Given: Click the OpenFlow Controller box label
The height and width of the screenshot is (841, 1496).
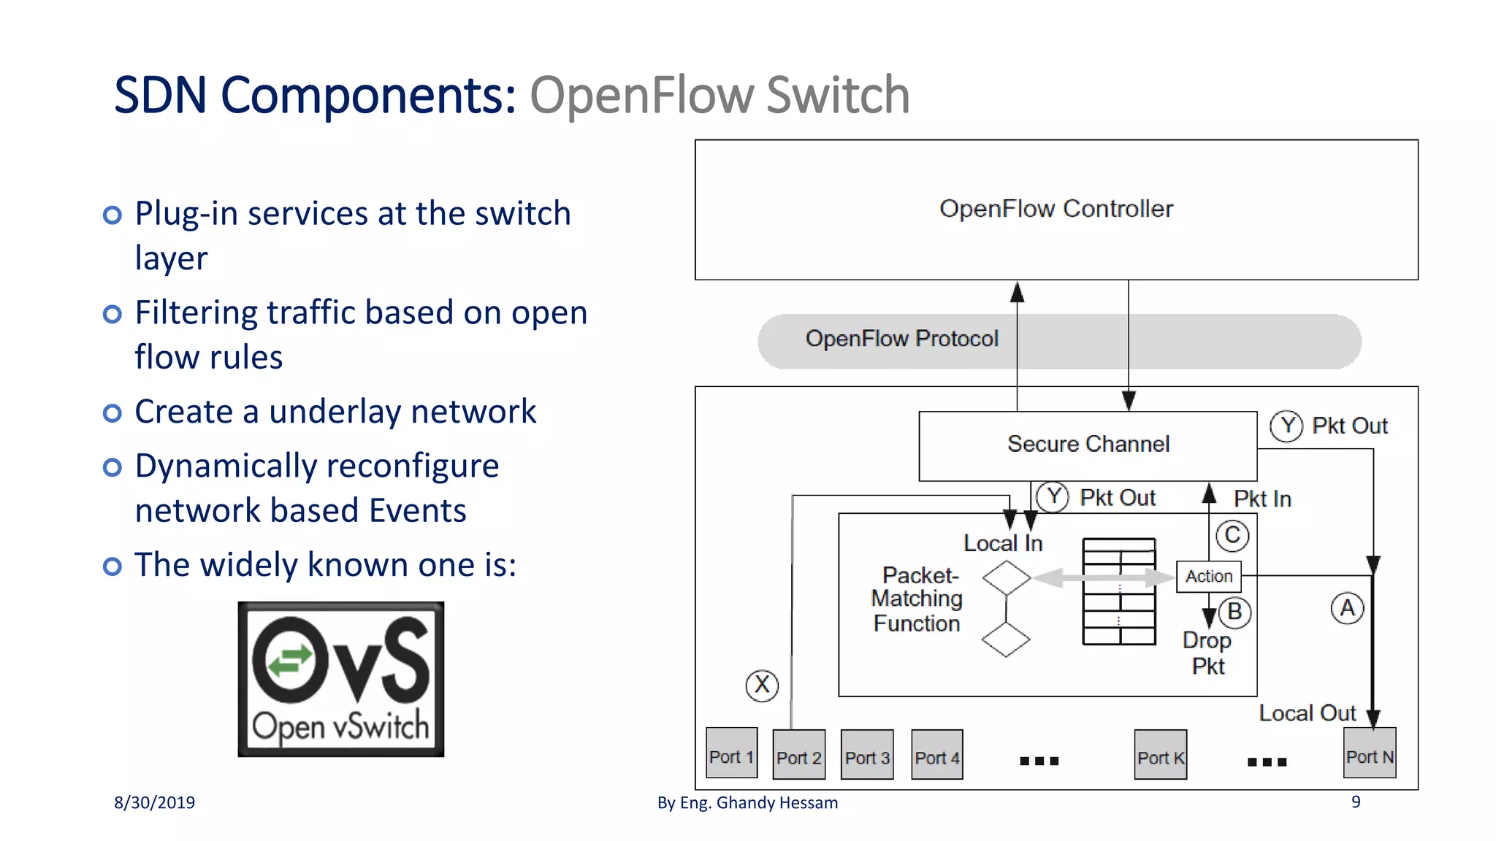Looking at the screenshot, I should (x=1056, y=209).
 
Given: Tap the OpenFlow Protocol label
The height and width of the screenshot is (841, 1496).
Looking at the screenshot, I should (x=901, y=339).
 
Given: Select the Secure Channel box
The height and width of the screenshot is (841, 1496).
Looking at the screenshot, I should (x=1088, y=445).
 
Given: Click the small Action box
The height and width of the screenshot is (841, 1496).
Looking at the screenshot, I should (x=1208, y=576).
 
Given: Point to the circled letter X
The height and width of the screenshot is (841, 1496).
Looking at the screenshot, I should (x=762, y=685).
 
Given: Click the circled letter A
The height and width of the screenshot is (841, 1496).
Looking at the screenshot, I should (x=1347, y=608).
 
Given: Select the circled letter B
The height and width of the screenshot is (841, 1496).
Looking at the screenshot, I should (x=1234, y=612).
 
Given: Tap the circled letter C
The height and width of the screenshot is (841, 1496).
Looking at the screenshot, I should (x=1232, y=535).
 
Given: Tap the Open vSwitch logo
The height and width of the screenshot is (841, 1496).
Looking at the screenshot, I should (x=340, y=679).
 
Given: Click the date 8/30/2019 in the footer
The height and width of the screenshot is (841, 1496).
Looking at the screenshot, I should (x=154, y=802).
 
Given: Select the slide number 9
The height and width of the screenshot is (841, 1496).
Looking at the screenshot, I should (x=1356, y=802).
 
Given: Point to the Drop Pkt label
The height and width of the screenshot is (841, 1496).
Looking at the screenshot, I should (x=1207, y=653).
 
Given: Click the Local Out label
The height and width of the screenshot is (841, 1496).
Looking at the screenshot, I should (x=1307, y=713).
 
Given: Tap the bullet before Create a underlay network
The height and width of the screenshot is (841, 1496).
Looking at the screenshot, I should (x=112, y=413).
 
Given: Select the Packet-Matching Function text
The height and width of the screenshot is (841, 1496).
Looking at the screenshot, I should (x=917, y=599).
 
